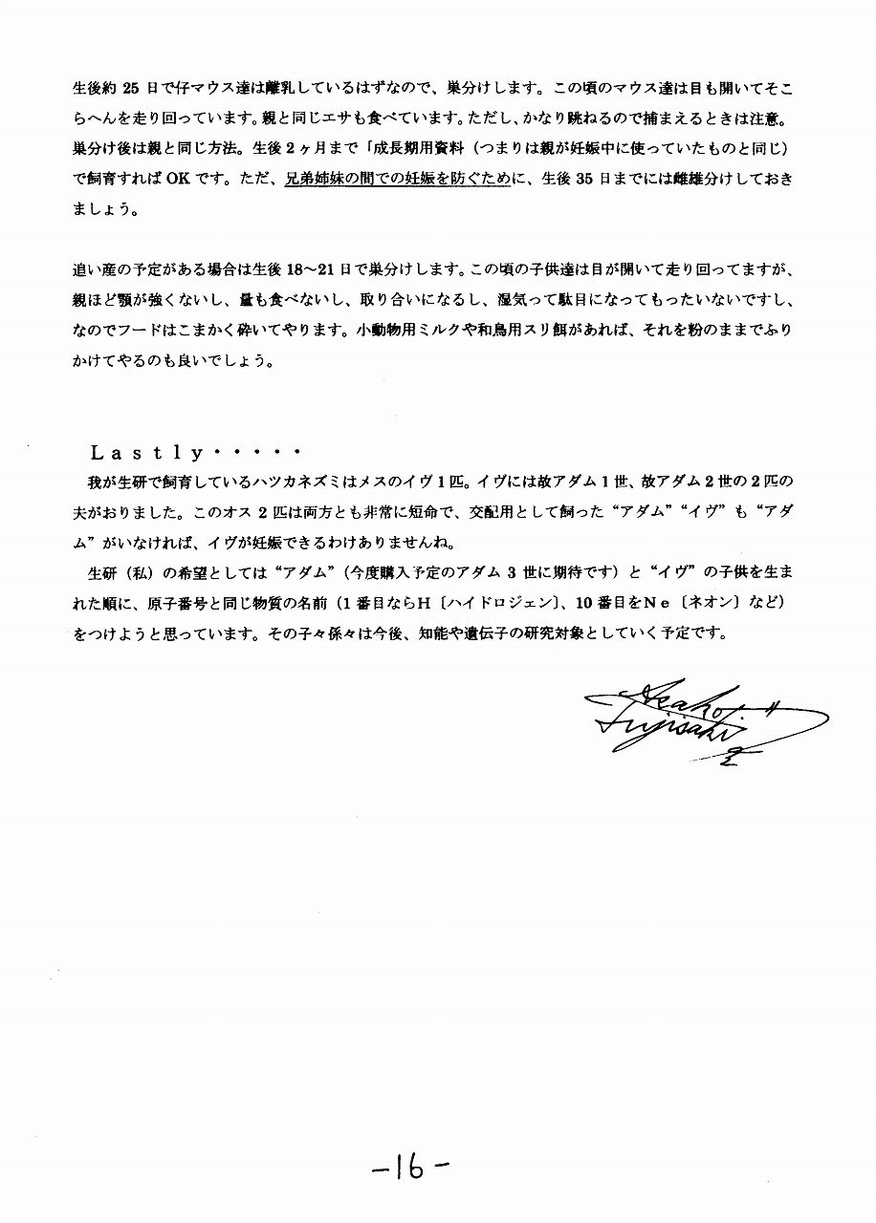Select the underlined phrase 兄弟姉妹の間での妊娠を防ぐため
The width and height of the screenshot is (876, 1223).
point(397,178)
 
